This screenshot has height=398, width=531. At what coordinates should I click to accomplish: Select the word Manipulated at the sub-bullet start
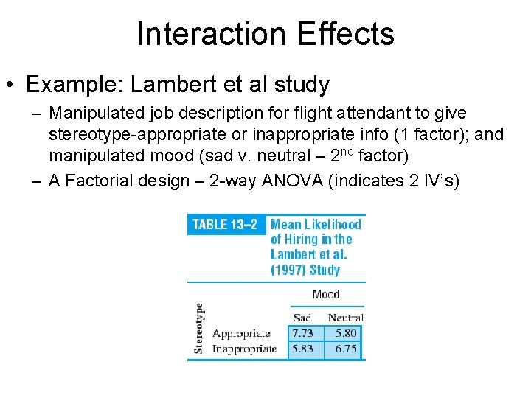[100, 114]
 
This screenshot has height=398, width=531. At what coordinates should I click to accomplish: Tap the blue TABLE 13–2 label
[224, 225]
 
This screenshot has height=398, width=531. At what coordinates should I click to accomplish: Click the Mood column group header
[325, 294]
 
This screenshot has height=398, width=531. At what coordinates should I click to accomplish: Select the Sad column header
[302, 318]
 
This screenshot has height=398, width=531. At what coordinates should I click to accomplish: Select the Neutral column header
[345, 318]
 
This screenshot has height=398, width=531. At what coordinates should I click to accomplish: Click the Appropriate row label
[240, 334]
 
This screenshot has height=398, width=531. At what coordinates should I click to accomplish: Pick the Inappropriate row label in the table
[244, 349]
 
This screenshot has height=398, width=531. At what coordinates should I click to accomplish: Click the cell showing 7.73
[302, 333]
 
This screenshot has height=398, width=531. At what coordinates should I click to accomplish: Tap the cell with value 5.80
[345, 333]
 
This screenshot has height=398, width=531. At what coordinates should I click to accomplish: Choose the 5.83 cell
[302, 349]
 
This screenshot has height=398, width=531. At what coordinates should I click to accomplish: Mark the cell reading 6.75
[345, 349]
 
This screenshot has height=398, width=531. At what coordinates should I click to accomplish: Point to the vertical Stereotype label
[198, 328]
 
